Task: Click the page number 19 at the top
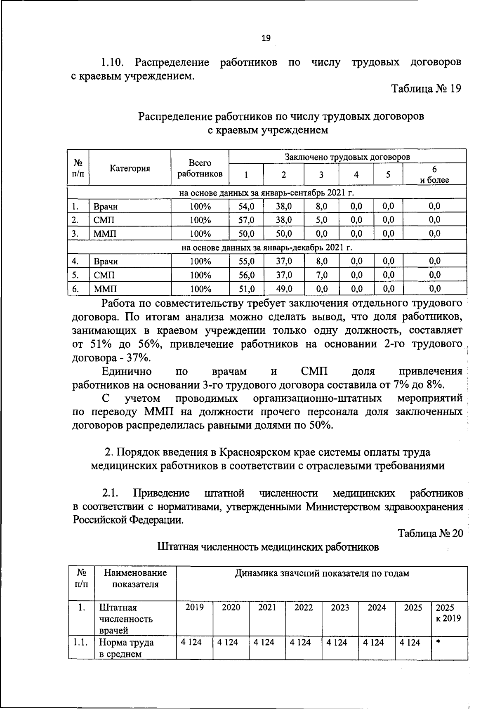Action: (x=266, y=38)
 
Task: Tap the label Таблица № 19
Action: (x=426, y=89)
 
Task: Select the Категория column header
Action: (x=130, y=168)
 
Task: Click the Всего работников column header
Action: (x=200, y=168)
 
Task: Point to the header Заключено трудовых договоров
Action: (x=347, y=157)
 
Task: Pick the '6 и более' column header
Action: (x=434, y=175)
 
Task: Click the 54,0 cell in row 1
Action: (x=247, y=206)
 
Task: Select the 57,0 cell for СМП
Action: (x=247, y=220)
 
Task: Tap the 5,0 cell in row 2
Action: (x=321, y=220)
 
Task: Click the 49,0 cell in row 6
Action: (x=284, y=289)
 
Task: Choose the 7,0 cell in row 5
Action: (x=321, y=275)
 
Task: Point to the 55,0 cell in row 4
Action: (x=247, y=261)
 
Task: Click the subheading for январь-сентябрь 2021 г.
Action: (x=266, y=193)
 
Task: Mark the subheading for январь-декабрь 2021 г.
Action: (x=266, y=247)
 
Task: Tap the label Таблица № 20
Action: (x=431, y=533)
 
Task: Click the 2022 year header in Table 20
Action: (x=303, y=608)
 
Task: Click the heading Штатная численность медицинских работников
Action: (x=268, y=547)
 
